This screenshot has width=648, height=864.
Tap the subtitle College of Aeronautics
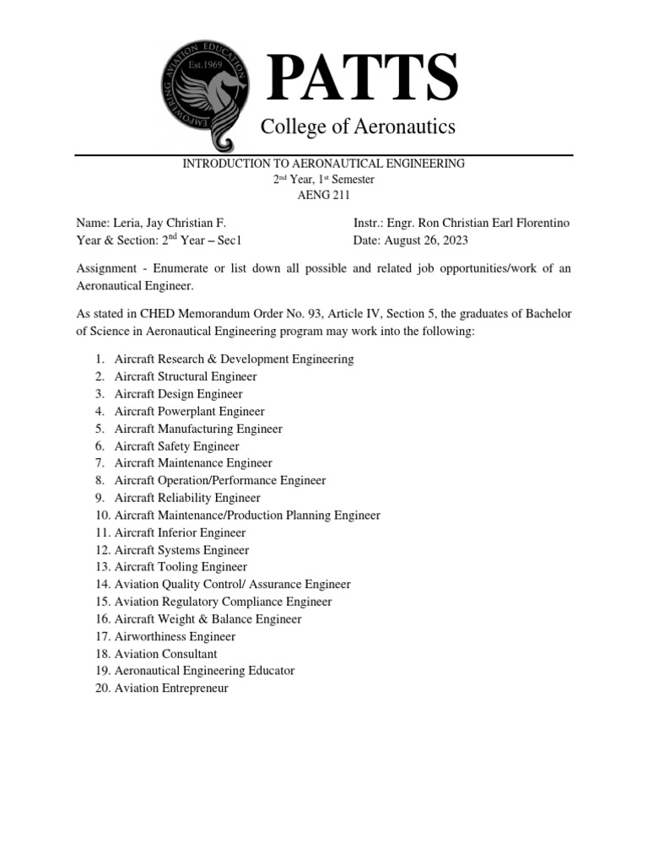(358, 127)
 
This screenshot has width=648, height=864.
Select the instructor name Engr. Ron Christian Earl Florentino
(478, 223)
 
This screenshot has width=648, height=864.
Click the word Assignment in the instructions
(108, 268)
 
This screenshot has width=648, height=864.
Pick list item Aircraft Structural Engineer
(186, 376)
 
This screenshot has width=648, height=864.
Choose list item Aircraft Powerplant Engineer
(190, 411)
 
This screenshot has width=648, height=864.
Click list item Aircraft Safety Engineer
(177, 445)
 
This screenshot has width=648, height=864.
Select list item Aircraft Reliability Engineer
(187, 498)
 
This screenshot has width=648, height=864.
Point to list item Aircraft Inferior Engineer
(181, 532)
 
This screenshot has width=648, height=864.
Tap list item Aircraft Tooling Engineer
(181, 567)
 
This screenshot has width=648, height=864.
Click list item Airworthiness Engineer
(175, 636)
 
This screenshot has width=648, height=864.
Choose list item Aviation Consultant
(166, 653)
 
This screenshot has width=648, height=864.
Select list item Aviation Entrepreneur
(171, 688)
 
